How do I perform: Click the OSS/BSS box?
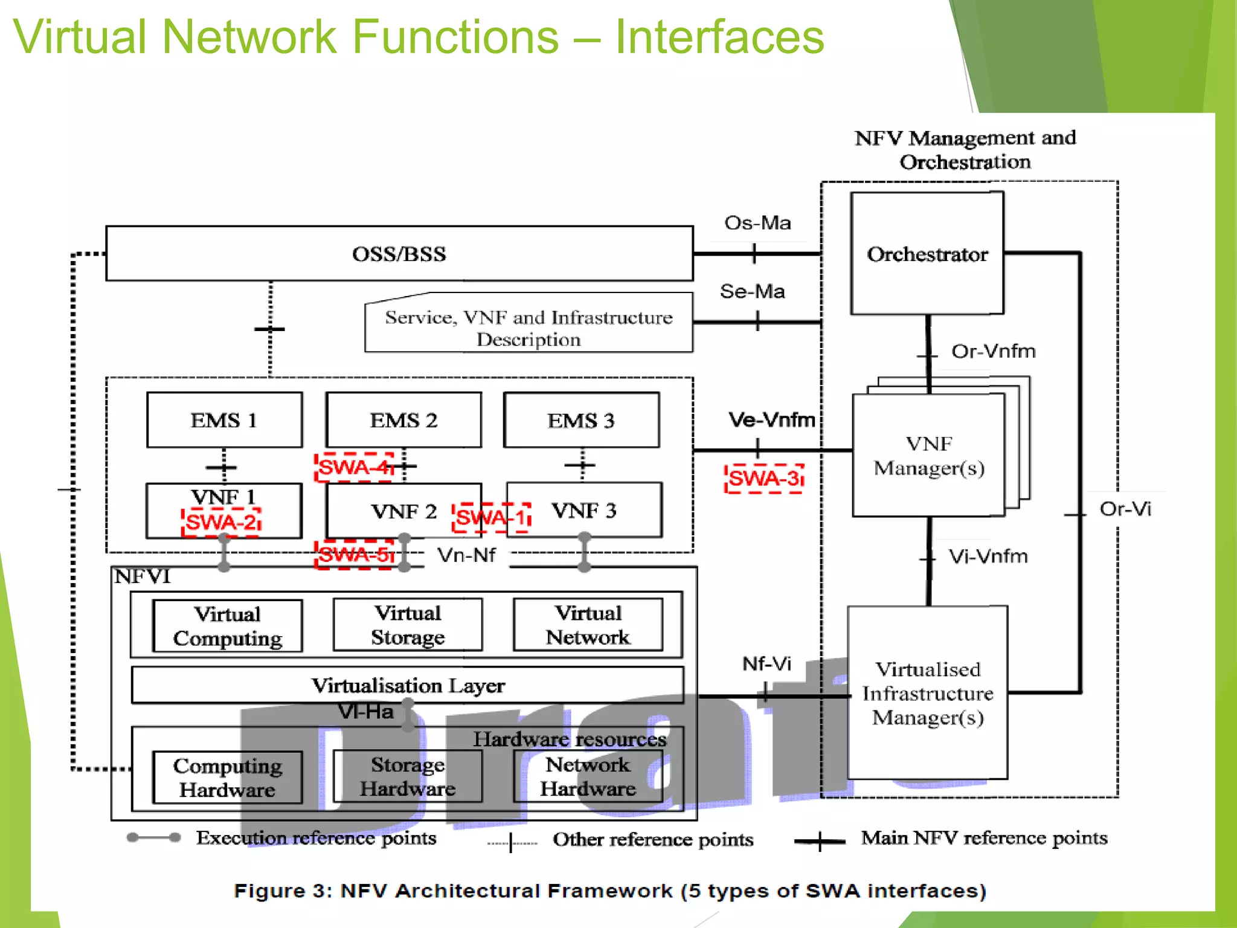coord(399,254)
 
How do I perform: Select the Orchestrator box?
coord(927,254)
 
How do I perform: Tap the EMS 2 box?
coord(403,420)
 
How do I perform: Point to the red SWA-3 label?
coord(764,478)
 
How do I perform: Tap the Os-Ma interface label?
coord(757,223)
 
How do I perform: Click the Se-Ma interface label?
coord(752,292)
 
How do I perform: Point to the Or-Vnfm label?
coord(993,351)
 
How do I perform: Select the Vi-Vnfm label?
coord(988,556)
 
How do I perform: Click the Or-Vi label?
coord(1125,509)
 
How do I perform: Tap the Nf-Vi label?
coord(766,664)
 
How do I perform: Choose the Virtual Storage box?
coord(408,625)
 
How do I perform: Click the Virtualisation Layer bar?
coord(408,685)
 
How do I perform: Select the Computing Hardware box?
coord(227,778)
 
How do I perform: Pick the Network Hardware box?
coord(588,776)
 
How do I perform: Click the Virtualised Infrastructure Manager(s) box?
coord(927,693)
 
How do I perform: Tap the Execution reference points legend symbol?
coord(153,837)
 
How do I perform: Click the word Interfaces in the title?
coord(719,37)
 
